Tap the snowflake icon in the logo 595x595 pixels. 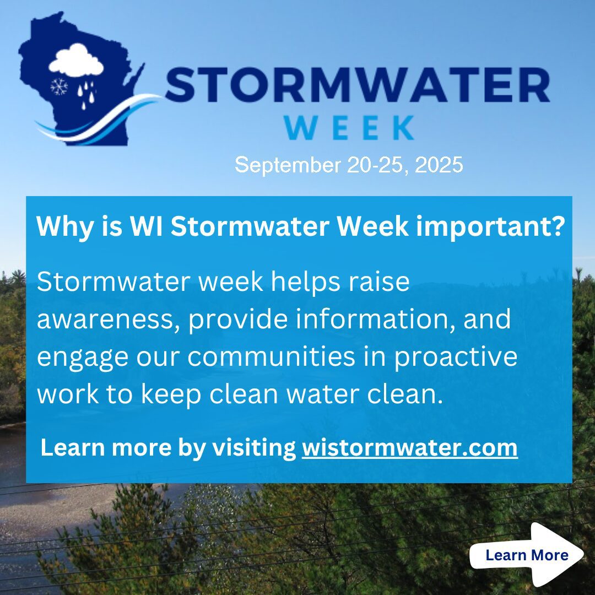point(59,87)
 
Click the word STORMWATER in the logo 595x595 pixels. point(357,85)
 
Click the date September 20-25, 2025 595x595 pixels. point(349,165)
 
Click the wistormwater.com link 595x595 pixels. point(410,448)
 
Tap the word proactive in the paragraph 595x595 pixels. point(456,358)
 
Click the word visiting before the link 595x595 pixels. point(254,448)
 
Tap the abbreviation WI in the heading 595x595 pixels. point(146,226)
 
